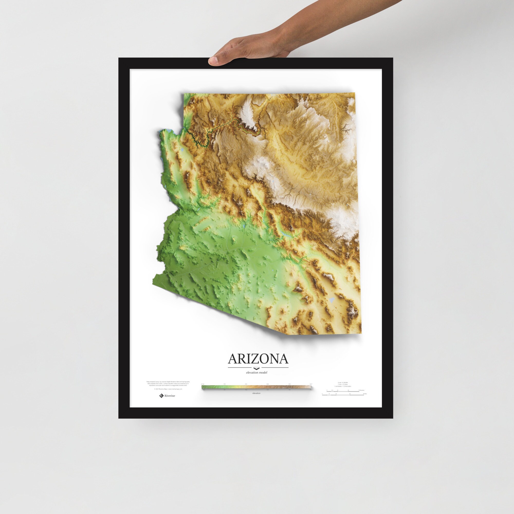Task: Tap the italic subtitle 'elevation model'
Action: (x=256, y=372)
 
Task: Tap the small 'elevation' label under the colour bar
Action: (x=256, y=393)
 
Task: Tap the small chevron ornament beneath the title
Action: (x=256, y=369)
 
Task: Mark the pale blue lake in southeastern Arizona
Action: (x=331, y=300)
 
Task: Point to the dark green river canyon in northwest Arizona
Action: (x=198, y=141)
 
